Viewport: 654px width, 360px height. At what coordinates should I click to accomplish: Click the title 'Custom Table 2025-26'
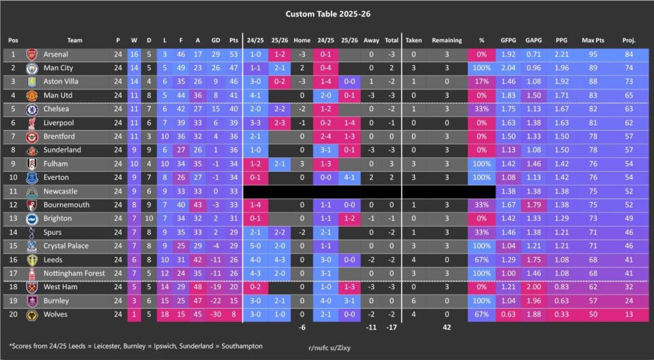coord(326,13)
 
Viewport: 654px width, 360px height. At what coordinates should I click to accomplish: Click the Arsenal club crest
coord(32,55)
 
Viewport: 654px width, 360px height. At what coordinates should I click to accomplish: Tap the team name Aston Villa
coord(61,82)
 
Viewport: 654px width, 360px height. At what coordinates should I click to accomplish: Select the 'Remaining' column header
coord(446,40)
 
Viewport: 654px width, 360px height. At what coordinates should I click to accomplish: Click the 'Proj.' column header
coord(628,40)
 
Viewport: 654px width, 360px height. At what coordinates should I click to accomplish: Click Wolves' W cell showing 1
coord(133,314)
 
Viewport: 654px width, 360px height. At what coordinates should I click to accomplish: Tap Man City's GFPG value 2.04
coord(508,68)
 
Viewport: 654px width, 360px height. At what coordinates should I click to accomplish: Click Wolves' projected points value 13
coord(628,314)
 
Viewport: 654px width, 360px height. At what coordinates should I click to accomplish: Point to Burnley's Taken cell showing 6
coord(414,301)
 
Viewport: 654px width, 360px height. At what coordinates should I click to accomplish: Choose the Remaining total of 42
coord(446,327)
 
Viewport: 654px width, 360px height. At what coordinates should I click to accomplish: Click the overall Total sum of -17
coord(391,327)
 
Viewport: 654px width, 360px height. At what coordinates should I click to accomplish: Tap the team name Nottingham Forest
coord(75,273)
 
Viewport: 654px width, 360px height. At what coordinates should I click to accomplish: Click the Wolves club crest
coord(32,314)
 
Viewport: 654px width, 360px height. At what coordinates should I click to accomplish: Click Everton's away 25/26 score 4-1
coord(349,177)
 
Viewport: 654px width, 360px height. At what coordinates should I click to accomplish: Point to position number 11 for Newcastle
coord(13,191)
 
